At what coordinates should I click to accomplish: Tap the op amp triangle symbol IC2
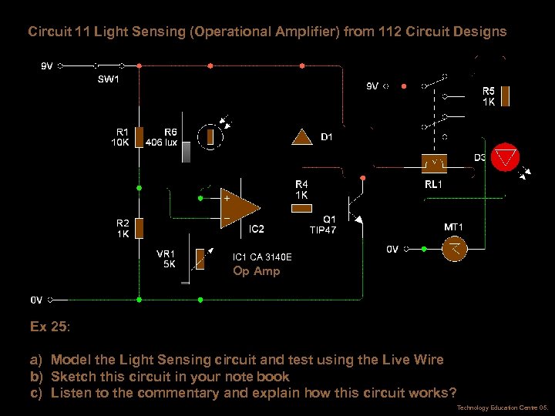(238, 204)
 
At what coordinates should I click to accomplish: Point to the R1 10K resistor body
(140, 137)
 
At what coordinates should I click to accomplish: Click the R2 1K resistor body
(140, 228)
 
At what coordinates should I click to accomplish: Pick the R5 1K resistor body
(506, 96)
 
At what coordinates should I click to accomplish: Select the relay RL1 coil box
(436, 164)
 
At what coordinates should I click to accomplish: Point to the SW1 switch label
(109, 79)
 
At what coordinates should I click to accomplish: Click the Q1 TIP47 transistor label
(323, 224)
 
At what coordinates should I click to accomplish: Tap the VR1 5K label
(166, 259)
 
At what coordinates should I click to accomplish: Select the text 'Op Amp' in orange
(257, 271)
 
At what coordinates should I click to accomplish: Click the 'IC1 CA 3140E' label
(262, 257)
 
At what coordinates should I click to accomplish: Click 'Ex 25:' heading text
(50, 327)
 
